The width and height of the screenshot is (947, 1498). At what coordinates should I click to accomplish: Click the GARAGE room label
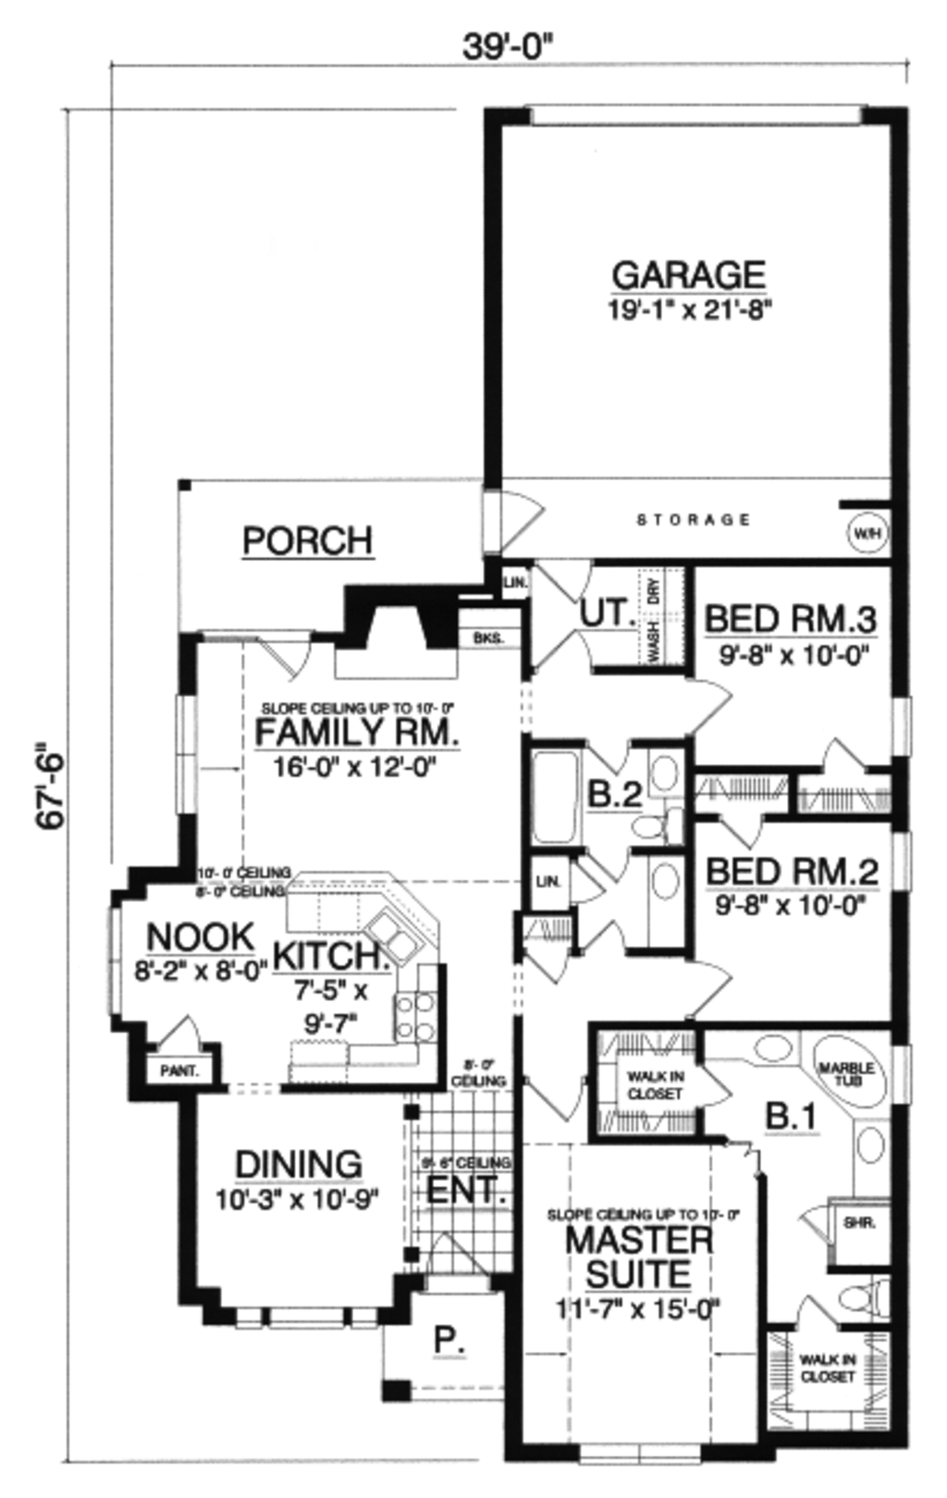[689, 275]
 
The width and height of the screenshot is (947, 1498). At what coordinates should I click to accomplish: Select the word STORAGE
[694, 520]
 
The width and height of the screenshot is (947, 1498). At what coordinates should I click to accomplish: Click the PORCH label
[308, 540]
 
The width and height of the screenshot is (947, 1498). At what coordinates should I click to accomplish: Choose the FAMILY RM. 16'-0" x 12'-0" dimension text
[355, 766]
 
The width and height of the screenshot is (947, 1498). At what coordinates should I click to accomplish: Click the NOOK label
[200, 936]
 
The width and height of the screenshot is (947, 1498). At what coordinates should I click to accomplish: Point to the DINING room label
[298, 1165]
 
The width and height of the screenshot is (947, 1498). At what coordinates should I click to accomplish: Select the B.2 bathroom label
[614, 795]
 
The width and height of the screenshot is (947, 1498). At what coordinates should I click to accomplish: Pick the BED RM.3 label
[791, 618]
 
